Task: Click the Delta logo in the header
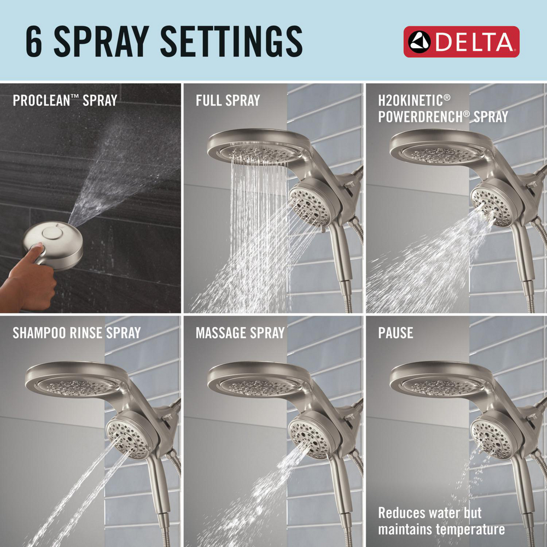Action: [461, 41]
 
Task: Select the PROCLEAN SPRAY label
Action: [65, 101]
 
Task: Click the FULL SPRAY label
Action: [228, 101]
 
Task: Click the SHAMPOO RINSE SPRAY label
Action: [77, 333]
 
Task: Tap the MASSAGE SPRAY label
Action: [240, 333]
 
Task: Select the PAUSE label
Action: [395, 333]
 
